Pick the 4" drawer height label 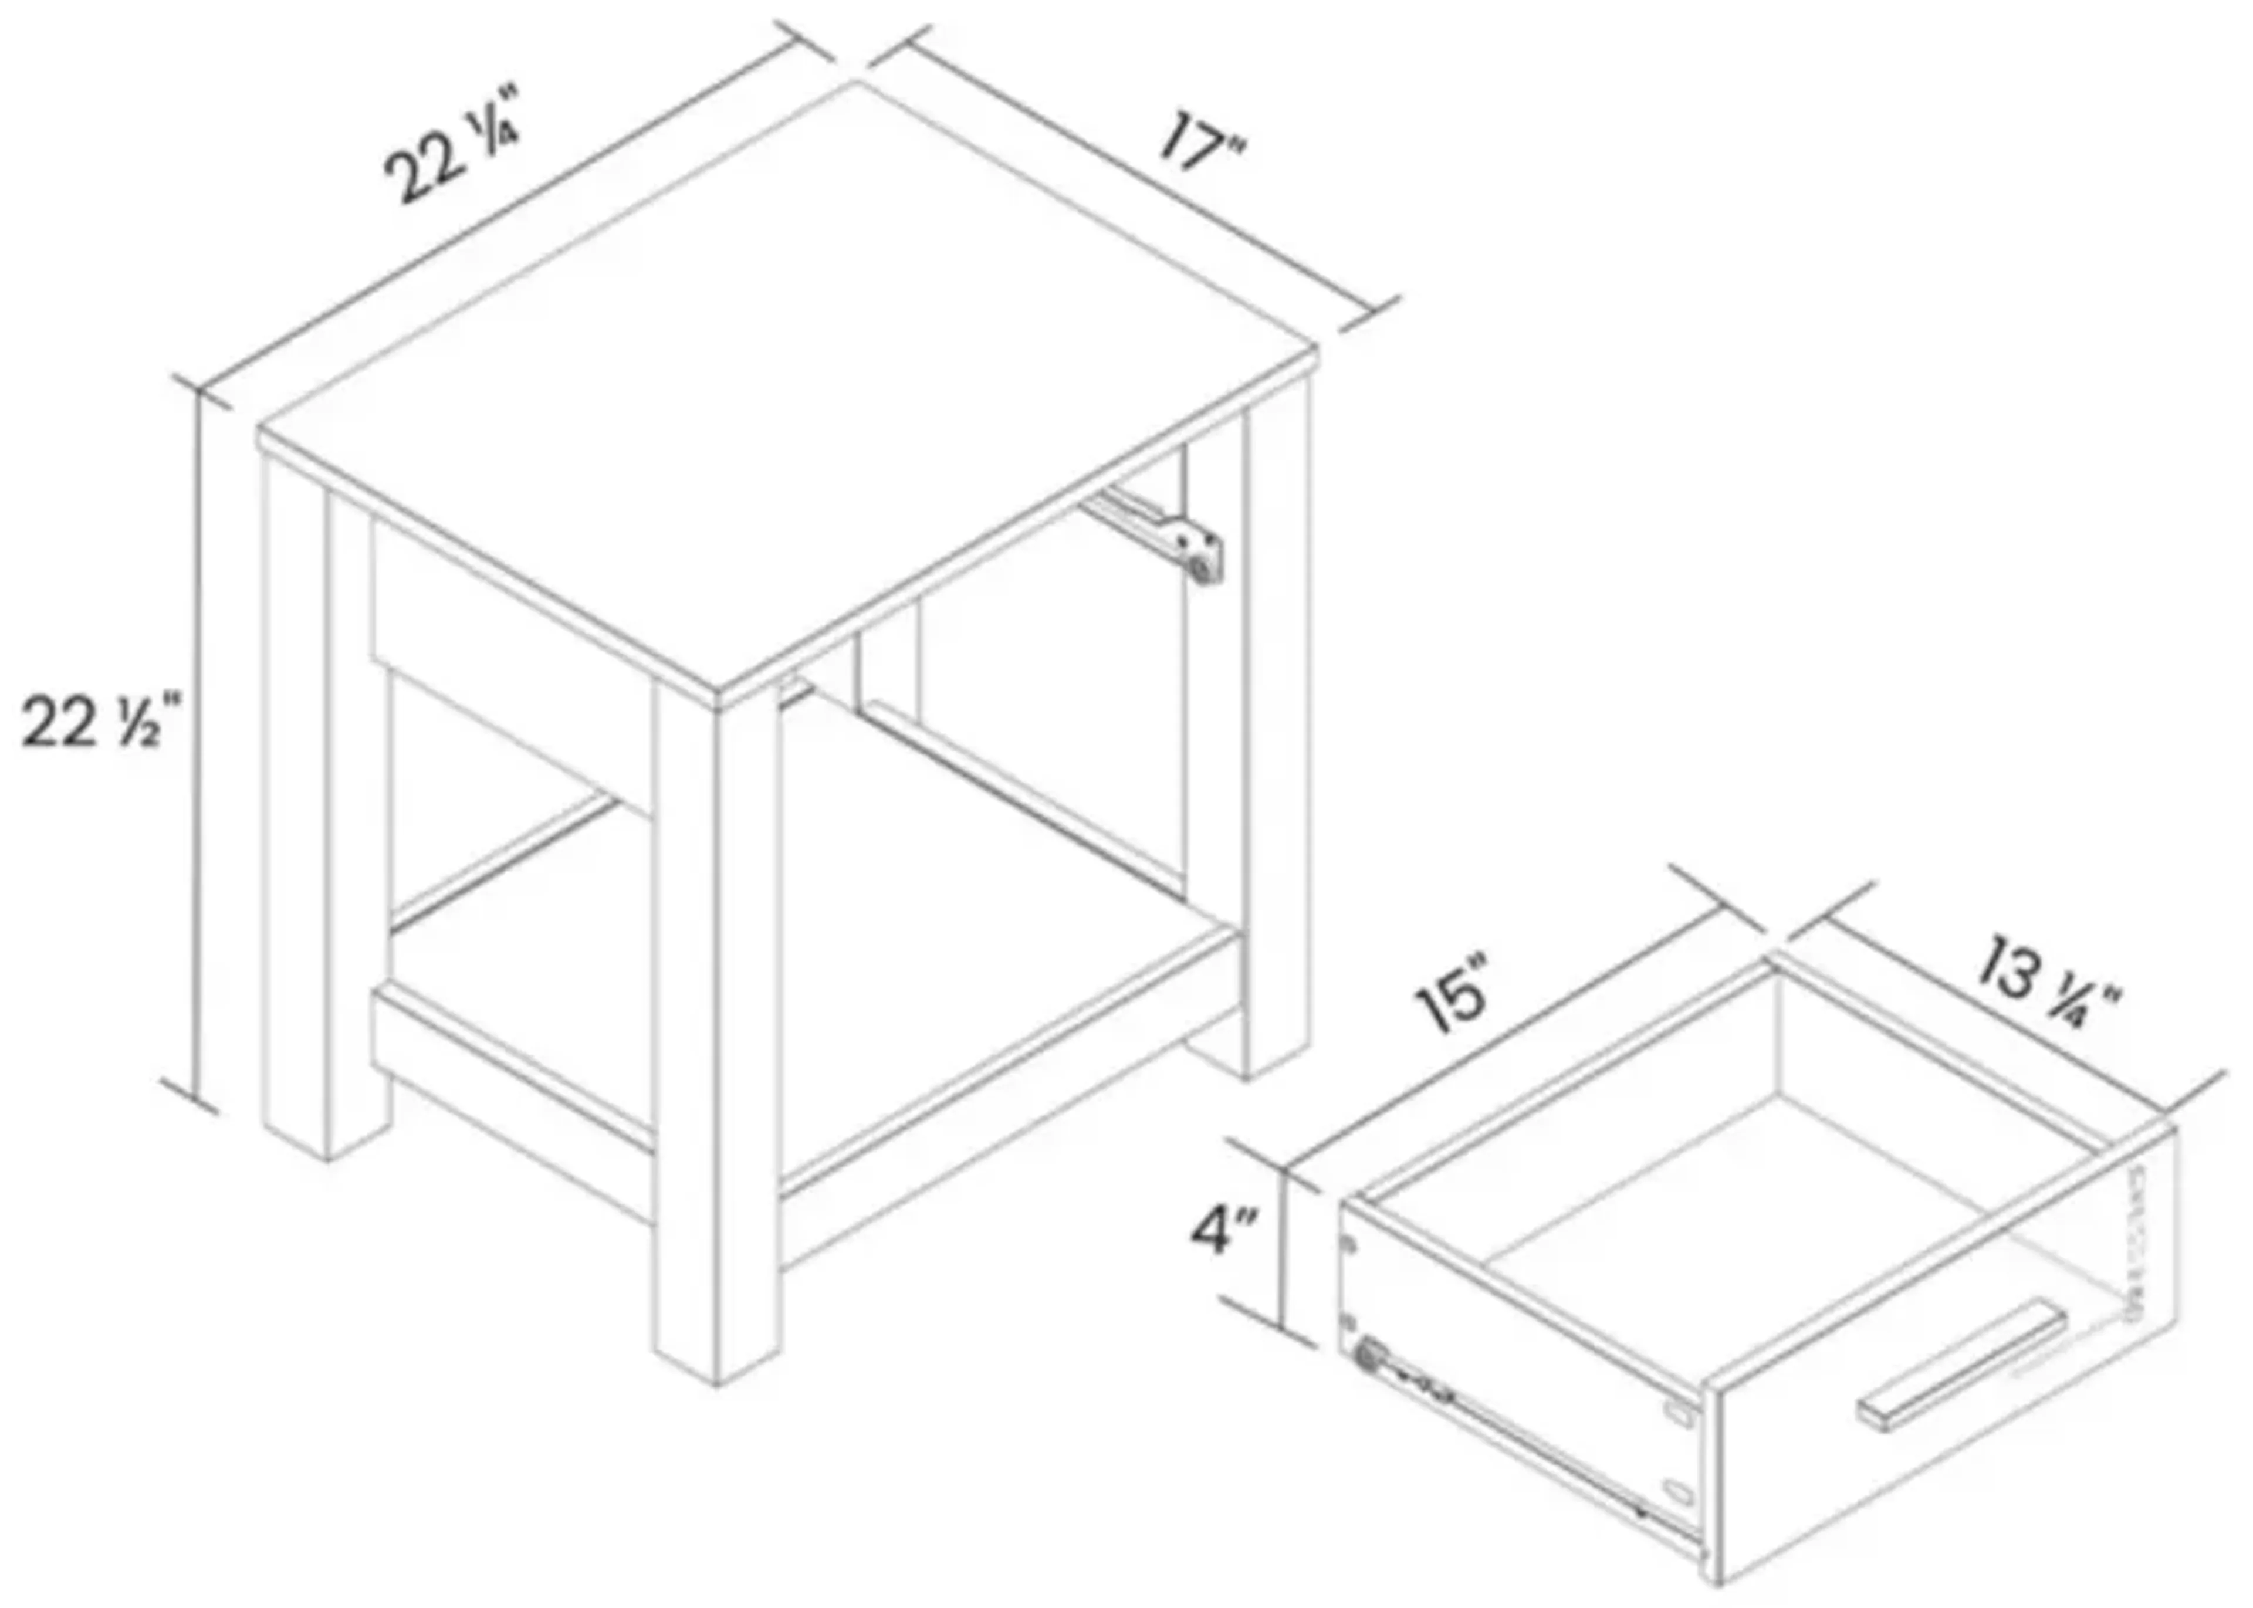(x=1224, y=1231)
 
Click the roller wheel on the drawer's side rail (x=1372, y=1353)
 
